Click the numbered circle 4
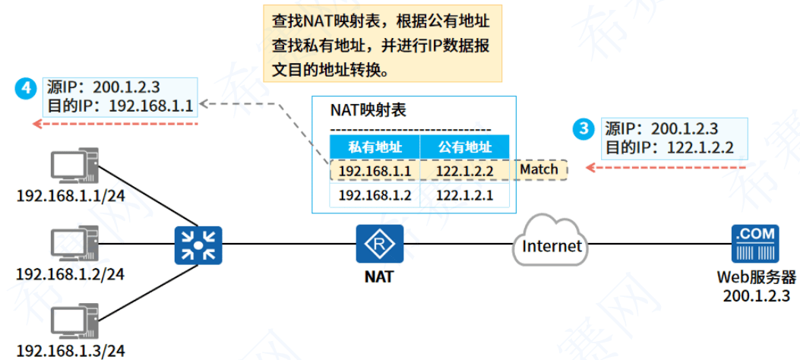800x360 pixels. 26,87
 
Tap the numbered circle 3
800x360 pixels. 583,129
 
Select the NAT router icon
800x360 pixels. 378,245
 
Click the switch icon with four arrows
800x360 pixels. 198,245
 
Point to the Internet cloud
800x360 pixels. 550,243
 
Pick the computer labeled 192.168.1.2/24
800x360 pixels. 71,245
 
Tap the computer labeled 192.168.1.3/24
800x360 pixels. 71,322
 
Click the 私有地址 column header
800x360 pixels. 375,147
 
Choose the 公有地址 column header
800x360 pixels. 465,147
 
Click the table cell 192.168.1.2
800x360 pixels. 375,195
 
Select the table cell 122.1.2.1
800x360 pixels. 465,195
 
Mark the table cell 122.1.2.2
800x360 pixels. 465,171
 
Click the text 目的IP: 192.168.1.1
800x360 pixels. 110,104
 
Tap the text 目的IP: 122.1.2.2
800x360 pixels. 669,147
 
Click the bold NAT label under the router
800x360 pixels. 378,276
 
